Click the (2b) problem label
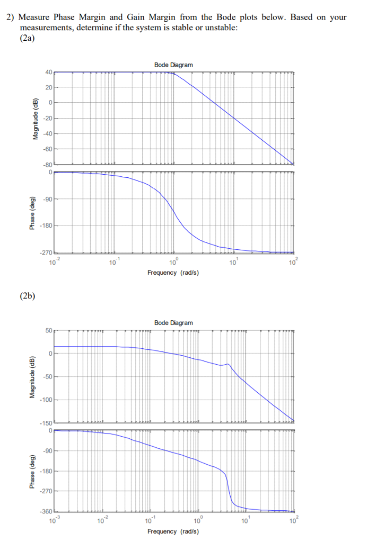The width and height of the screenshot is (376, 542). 27,295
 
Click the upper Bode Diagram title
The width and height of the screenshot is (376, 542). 173,65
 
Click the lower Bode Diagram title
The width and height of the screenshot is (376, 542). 173,322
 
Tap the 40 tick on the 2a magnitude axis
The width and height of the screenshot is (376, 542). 48,72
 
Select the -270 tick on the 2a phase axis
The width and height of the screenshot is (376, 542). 46,253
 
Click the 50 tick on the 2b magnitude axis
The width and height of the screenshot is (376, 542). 48,330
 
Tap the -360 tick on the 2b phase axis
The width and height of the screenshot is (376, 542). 46,511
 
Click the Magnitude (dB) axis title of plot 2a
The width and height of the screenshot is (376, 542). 36,119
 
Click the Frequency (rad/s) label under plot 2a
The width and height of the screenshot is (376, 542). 173,273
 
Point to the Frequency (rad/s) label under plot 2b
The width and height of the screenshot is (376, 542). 173,531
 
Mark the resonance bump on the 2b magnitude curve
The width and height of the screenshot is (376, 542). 228,364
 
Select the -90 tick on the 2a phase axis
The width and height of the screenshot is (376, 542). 47,199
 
